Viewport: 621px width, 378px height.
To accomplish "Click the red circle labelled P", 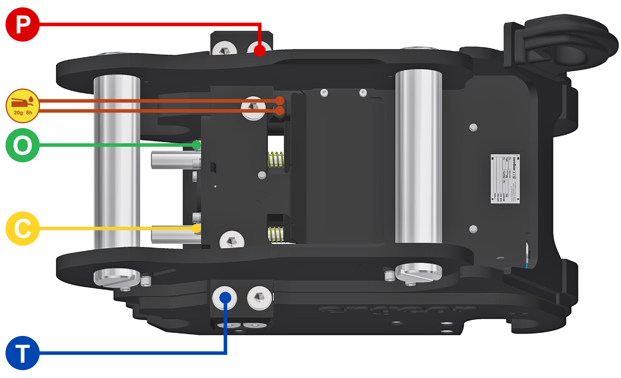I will [x=22, y=24].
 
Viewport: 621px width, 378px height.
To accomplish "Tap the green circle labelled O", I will [x=22, y=145].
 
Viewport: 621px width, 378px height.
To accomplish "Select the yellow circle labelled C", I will [x=22, y=228].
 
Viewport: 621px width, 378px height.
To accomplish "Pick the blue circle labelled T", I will [x=22, y=353].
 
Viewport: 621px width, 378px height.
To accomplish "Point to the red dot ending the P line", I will [x=260, y=50].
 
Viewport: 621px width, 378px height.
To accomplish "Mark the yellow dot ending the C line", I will [x=196, y=228].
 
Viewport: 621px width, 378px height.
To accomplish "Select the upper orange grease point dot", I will [x=279, y=101].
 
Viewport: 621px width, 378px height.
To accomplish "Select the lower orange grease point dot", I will [x=279, y=110].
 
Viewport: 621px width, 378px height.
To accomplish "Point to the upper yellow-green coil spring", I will [x=276, y=160].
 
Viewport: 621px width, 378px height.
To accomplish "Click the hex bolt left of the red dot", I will [x=224, y=49].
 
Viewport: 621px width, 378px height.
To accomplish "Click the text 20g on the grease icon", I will [x=18, y=113].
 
